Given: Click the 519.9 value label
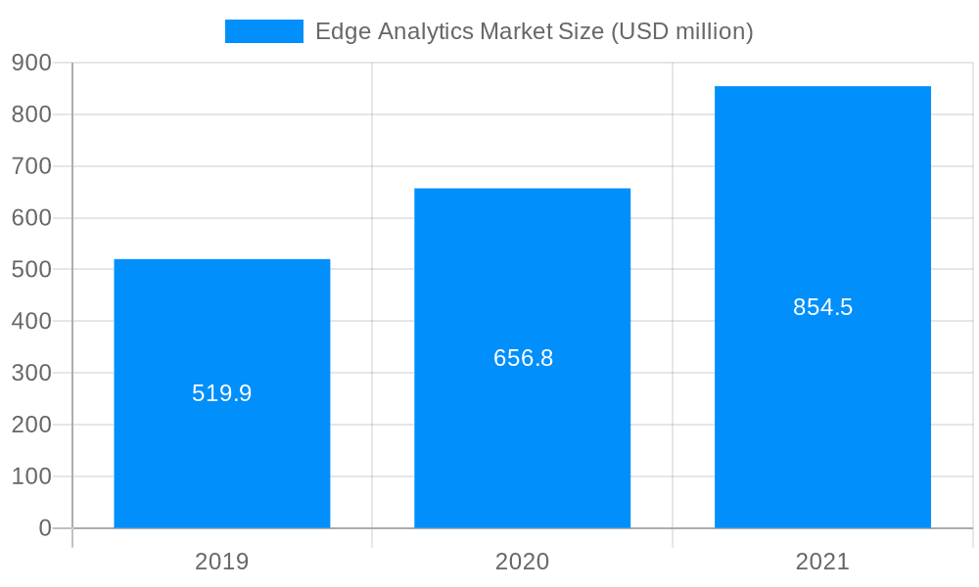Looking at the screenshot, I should click(x=222, y=393).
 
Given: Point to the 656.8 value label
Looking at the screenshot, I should click(x=524, y=358).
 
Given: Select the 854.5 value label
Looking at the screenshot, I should click(x=823, y=307).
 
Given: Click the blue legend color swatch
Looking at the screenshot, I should click(x=264, y=31).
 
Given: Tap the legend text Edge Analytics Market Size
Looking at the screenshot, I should click(x=460, y=31).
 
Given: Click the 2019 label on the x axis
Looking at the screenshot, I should click(x=222, y=562).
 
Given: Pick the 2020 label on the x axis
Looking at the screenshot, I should click(x=522, y=562).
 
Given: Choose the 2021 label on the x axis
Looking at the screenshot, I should click(x=822, y=562).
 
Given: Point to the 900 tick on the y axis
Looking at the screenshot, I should click(x=31, y=63).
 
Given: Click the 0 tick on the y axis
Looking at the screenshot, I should click(x=45, y=528).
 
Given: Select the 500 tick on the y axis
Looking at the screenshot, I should click(x=31, y=270).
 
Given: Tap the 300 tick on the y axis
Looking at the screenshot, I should click(x=31, y=373).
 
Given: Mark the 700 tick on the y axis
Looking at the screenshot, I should click(x=31, y=166).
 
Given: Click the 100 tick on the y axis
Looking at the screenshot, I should click(x=31, y=476).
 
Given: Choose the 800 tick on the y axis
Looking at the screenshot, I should click(x=31, y=114).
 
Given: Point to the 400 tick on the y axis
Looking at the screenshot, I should click(x=31, y=321).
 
